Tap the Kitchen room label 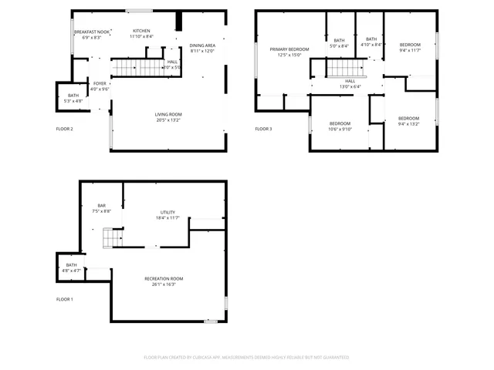tap(140, 31)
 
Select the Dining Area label tap(202, 46)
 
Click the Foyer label tap(100, 82)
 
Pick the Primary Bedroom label tap(289, 49)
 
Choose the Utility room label tap(168, 212)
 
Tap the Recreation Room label tap(164, 278)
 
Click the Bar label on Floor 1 tap(101, 205)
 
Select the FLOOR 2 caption tap(65, 129)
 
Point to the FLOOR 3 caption tap(264, 129)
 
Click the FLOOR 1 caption tap(65, 298)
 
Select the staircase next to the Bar tap(114, 238)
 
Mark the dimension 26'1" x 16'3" tap(164, 284)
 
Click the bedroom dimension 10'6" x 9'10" tap(340, 129)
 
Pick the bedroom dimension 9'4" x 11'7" tap(409, 51)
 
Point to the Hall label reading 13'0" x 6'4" tap(350, 86)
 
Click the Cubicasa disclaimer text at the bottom tap(246, 358)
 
